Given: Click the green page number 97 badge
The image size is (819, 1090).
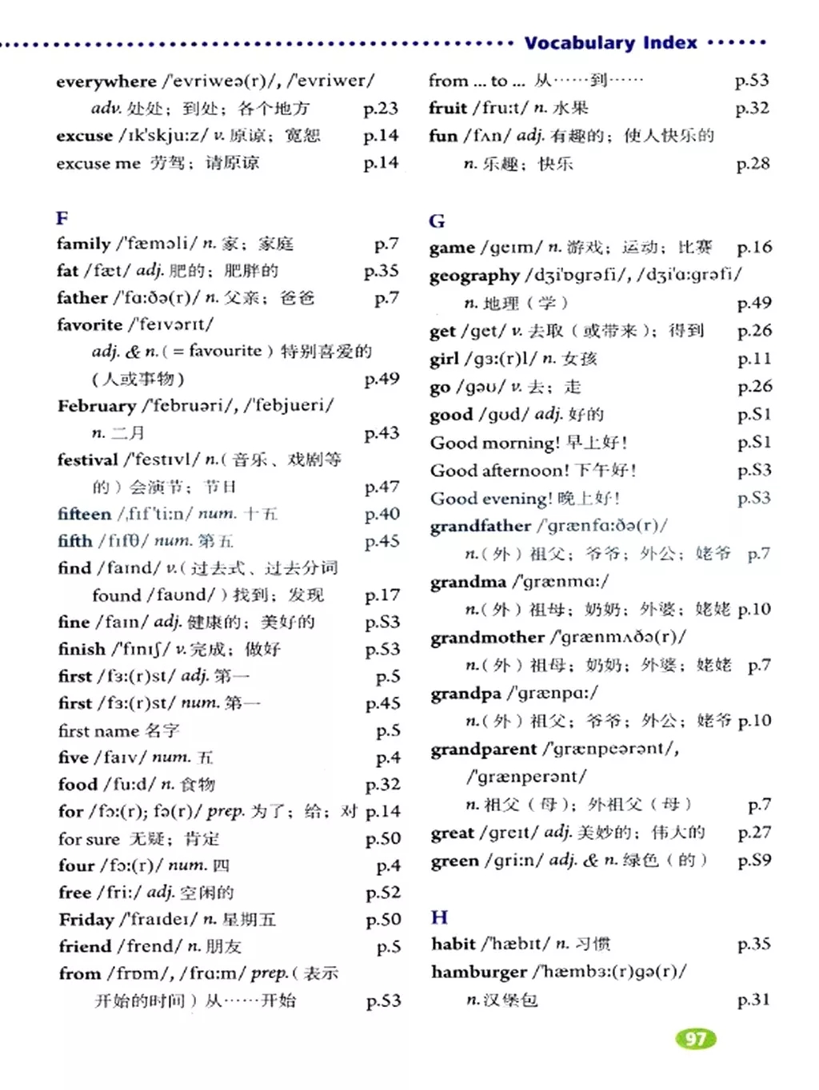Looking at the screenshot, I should (x=696, y=1038).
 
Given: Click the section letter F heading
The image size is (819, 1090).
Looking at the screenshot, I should (x=62, y=217).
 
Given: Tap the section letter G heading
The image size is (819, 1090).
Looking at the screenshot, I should (x=437, y=221).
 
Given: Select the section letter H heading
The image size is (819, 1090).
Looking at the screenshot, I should (x=439, y=917).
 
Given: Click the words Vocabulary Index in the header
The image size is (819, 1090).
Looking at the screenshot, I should (x=611, y=42).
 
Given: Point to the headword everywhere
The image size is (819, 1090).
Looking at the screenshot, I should (x=106, y=81).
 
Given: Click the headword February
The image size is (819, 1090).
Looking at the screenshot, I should (x=96, y=405).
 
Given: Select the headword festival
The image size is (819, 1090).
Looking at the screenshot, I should (x=87, y=459).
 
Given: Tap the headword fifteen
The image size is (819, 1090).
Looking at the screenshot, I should (x=84, y=514).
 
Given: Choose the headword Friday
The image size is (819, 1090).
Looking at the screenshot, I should (x=86, y=919).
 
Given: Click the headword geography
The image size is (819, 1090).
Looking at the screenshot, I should (x=474, y=275).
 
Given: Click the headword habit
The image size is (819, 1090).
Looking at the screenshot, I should (x=453, y=944).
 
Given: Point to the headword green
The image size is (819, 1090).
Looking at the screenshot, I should (x=453, y=861).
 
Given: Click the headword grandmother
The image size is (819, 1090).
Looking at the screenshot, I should (x=487, y=637).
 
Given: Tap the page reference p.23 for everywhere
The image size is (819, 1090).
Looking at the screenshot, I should (x=381, y=108).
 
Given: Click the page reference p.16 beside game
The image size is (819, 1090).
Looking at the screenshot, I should (x=754, y=247).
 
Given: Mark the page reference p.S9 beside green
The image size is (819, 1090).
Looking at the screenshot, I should (x=754, y=861).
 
